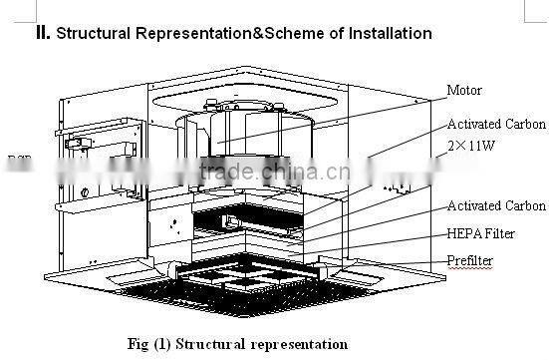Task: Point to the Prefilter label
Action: tap(470, 261)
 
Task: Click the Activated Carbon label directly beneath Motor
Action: tap(496, 124)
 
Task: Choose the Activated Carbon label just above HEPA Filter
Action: tap(496, 206)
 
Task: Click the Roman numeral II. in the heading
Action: tap(43, 33)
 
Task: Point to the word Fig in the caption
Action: tap(141, 344)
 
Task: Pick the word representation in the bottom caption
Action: tap(299, 344)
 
